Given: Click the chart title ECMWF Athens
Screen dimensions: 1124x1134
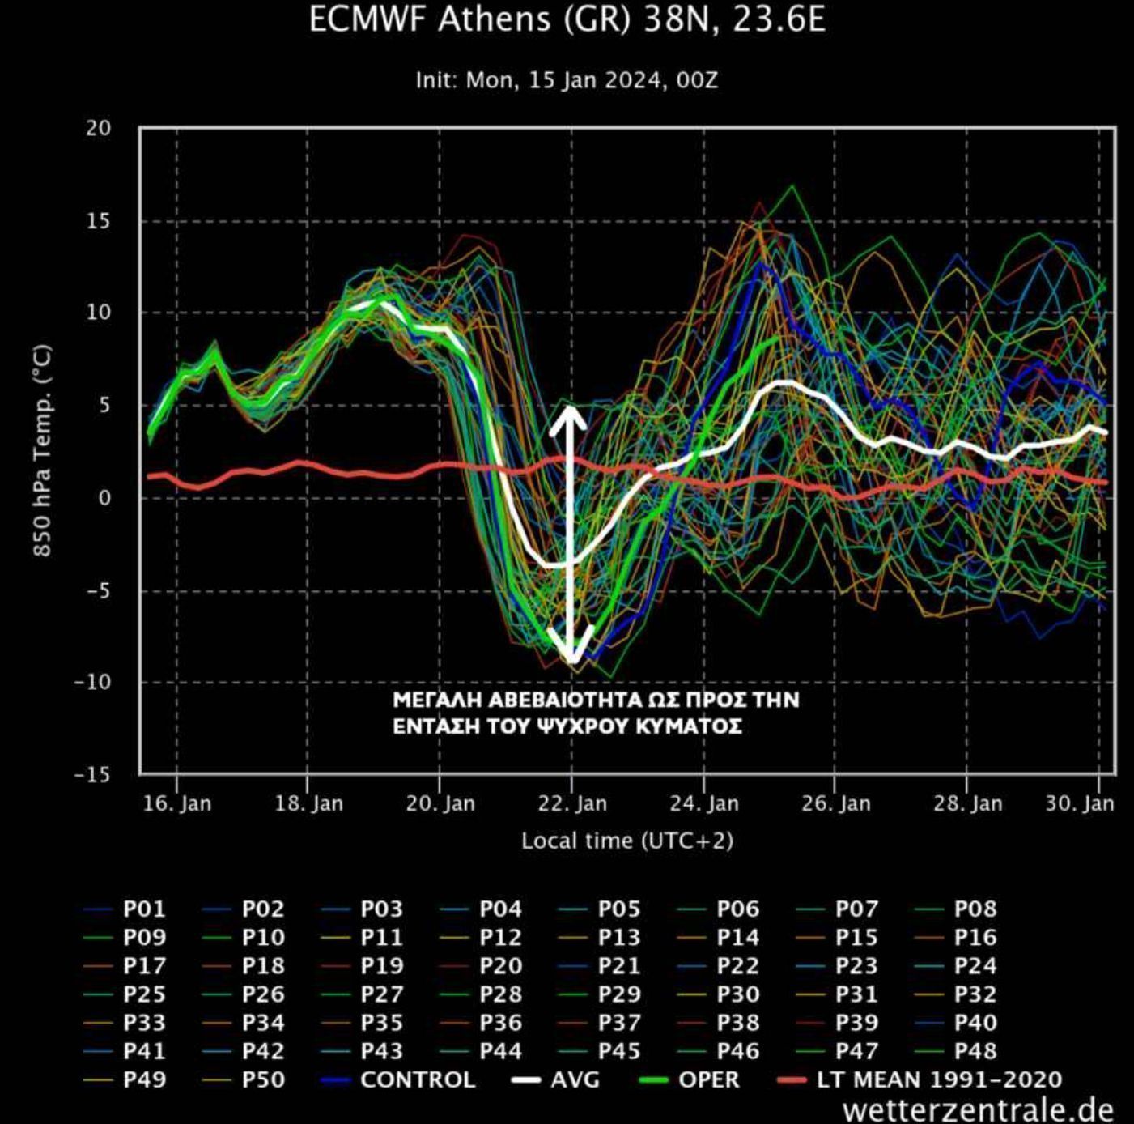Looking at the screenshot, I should tap(567, 19).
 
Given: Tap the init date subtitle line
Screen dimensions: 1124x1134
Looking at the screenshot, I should tap(567, 80).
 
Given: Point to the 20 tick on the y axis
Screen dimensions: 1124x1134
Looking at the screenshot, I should tap(99, 128).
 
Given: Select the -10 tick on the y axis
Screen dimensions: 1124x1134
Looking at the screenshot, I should tap(93, 682).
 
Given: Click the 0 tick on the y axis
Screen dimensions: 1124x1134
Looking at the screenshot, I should tap(104, 497).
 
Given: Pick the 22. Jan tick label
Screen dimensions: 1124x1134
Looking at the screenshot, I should tap(572, 804).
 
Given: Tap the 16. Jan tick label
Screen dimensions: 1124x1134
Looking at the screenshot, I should tap(177, 804).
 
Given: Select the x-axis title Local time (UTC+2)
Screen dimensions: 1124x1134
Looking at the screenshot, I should tap(627, 841).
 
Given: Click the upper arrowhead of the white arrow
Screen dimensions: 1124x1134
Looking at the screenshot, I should tap(572, 413).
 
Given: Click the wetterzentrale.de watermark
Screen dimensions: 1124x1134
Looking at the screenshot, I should tap(978, 1109).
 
